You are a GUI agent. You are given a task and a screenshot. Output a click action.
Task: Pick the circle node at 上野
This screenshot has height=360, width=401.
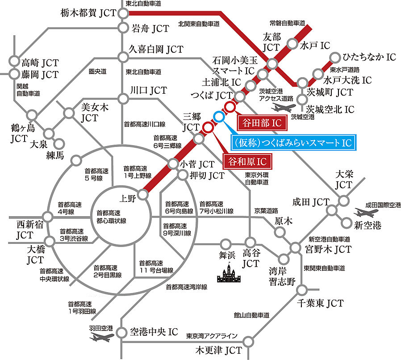coord(142,194)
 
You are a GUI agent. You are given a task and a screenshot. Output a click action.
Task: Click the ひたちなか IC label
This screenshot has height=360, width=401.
coord(369,57)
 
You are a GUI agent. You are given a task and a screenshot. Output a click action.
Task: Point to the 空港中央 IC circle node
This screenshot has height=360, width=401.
coord(121,332)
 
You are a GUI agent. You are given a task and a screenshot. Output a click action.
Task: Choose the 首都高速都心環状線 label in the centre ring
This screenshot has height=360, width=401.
coord(109,217)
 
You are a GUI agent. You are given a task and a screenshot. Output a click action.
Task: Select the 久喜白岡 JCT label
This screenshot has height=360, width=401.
coord(156,49)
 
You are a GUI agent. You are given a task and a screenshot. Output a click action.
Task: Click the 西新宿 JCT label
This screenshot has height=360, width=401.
coord(19,228)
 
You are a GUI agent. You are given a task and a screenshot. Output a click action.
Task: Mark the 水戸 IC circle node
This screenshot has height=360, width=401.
coord(292,43)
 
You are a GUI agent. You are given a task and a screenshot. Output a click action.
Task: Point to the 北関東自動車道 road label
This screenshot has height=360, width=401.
coord(199,23)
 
